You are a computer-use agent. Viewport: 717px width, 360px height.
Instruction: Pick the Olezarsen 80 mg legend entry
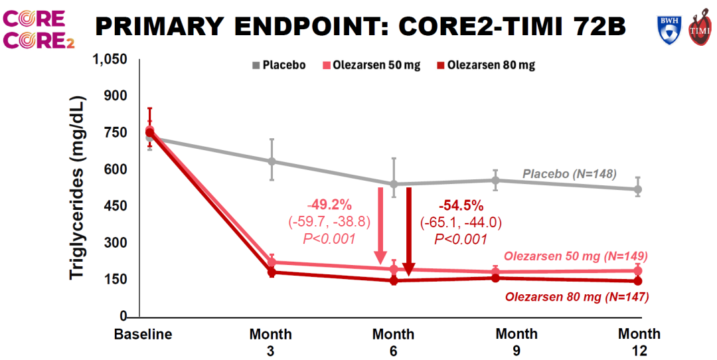click(x=486, y=65)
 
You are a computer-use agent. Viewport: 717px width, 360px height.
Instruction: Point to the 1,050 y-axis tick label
click(x=110, y=60)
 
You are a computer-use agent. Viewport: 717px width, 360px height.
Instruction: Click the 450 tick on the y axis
click(x=116, y=206)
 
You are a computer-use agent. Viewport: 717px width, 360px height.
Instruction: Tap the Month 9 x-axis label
click(x=517, y=341)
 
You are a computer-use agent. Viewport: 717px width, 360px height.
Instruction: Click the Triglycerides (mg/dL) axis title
click(x=78, y=188)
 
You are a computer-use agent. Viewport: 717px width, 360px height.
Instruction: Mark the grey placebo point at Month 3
click(x=272, y=161)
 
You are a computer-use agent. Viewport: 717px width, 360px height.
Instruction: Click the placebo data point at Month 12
click(x=639, y=189)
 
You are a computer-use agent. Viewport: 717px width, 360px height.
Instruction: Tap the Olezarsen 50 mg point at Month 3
click(x=272, y=262)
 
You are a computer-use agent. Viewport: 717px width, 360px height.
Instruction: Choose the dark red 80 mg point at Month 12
click(x=639, y=281)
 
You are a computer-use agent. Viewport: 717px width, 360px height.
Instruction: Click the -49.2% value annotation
click(x=330, y=204)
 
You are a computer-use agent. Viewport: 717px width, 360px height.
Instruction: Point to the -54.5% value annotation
click(x=461, y=204)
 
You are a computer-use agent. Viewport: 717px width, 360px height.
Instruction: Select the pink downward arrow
click(x=380, y=226)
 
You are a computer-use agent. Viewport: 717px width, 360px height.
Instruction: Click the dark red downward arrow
click(x=409, y=232)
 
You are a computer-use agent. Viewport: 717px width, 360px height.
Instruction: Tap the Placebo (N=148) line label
click(x=570, y=174)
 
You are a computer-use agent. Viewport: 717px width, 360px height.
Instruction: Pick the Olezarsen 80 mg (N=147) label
click(x=577, y=296)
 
